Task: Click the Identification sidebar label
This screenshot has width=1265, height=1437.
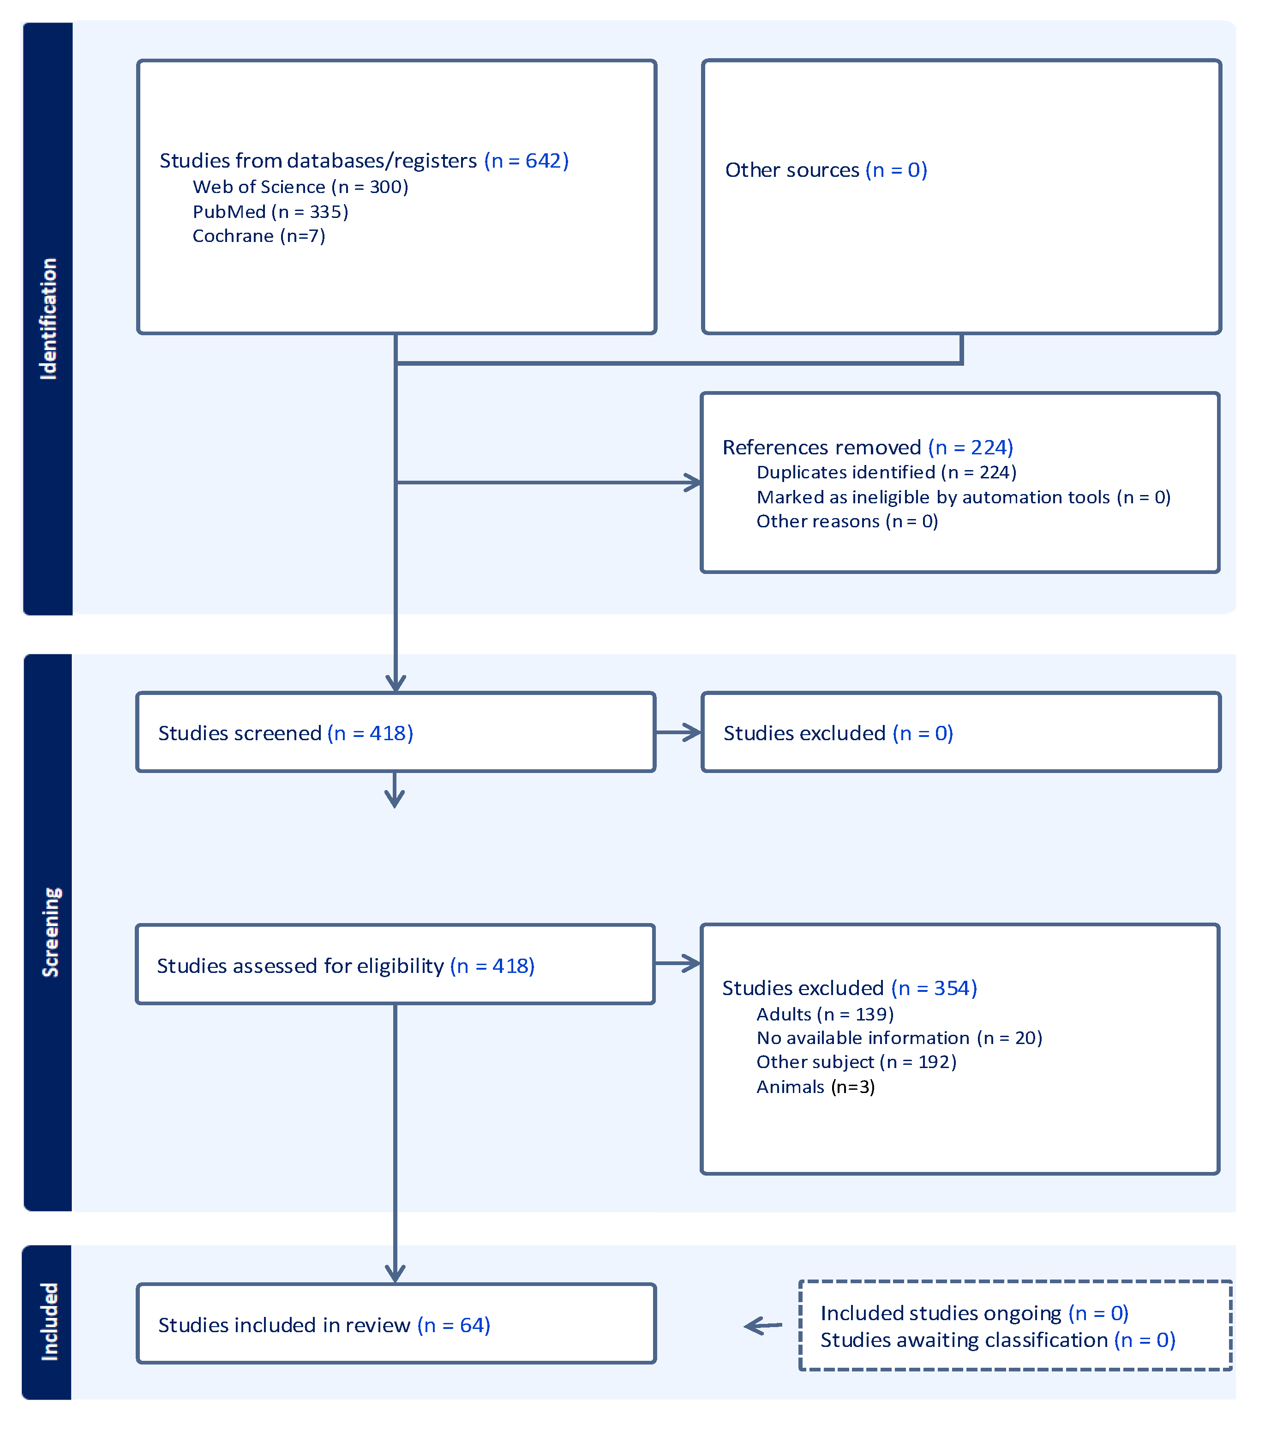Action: pyautogui.click(x=48, y=319)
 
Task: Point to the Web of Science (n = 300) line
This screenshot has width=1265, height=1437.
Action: pyautogui.click(x=300, y=187)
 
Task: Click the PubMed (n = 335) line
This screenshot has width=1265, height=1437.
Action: pyautogui.click(x=270, y=211)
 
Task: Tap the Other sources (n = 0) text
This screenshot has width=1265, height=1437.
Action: pyautogui.click(x=826, y=170)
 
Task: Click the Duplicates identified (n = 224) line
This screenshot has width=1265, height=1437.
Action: pyautogui.click(x=886, y=472)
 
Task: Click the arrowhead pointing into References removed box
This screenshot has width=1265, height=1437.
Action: pyautogui.click(x=694, y=483)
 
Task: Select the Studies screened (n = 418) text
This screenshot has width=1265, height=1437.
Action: pyautogui.click(x=285, y=733)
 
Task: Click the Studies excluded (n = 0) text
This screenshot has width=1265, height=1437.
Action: pyautogui.click(x=838, y=733)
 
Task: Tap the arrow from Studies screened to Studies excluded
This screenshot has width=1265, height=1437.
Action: pyautogui.click(x=678, y=732)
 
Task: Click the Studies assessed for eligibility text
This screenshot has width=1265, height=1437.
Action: pyautogui.click(x=300, y=966)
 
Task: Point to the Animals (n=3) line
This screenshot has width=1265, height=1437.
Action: pyautogui.click(x=815, y=1087)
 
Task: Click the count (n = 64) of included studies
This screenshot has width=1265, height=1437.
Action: pyautogui.click(x=453, y=1325)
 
